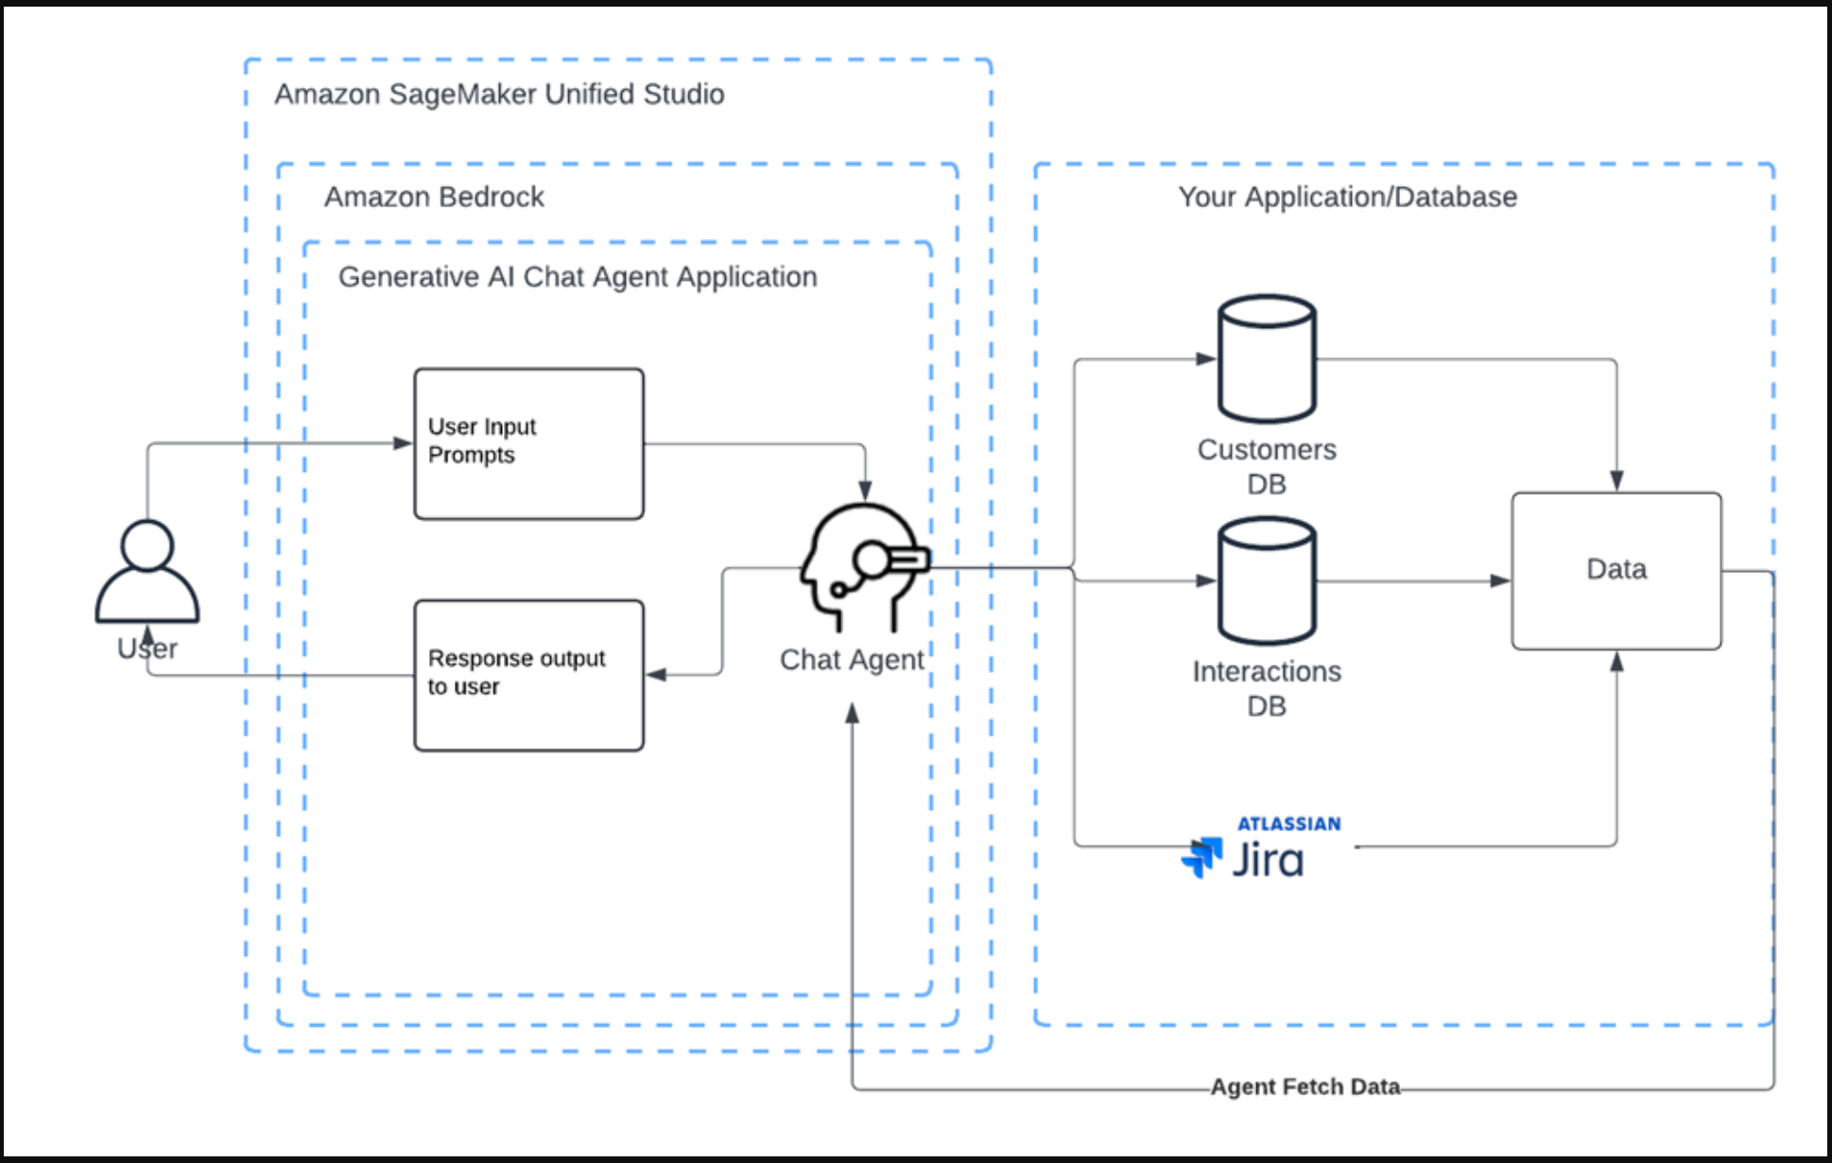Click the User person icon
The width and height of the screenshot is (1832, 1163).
[x=147, y=571]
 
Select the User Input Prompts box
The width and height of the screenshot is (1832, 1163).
[x=528, y=443]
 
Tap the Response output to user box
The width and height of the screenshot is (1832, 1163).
[x=528, y=675]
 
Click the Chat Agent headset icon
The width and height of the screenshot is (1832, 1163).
[x=863, y=567]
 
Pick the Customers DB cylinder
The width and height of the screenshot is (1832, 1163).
[x=1267, y=359]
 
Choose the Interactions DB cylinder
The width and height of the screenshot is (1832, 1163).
[x=1267, y=581]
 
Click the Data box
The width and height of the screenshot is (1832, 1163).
[x=1616, y=570]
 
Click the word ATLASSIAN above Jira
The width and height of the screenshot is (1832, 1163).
[x=1288, y=824]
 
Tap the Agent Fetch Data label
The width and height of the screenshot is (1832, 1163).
[x=1305, y=1086]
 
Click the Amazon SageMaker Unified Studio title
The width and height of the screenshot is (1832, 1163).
[x=499, y=95]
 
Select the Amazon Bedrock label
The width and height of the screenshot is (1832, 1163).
[x=434, y=197]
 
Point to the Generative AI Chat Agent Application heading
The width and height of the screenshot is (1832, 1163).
[x=578, y=277]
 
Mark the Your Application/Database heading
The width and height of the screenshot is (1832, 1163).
[x=1347, y=197]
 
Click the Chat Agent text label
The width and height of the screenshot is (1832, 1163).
[x=852, y=660]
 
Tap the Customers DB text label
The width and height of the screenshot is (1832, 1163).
[x=1267, y=466]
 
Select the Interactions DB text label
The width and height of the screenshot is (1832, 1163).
[x=1267, y=688]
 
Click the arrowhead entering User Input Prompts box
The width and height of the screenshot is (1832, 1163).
[x=404, y=443]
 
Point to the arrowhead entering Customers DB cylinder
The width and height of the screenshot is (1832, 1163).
[x=1206, y=359]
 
